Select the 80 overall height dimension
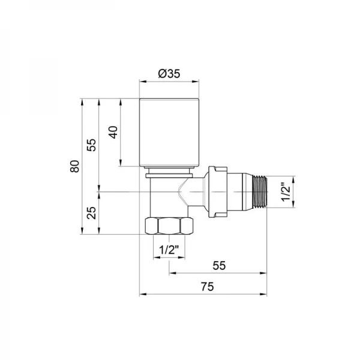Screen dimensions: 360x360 coord(75,166)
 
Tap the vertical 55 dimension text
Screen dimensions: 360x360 coord(92,145)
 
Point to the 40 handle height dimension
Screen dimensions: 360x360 coord(112,132)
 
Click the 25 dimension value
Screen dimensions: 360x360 coord(92,212)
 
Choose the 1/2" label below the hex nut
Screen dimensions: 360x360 coord(169,249)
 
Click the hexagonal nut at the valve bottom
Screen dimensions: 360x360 coord(169,227)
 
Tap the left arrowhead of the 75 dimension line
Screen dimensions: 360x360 coord(142,294)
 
